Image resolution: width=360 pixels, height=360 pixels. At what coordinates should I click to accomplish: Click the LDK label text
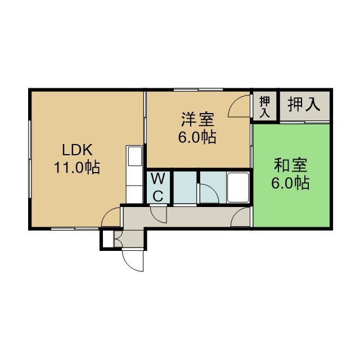click(x=78, y=150)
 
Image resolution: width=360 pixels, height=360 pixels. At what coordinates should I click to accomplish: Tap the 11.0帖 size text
click(x=77, y=167)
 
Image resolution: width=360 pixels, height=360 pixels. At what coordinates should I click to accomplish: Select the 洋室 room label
click(x=197, y=119)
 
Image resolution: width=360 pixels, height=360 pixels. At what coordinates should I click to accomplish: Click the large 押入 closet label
click(x=304, y=105)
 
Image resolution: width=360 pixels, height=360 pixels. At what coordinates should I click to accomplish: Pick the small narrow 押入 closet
click(x=265, y=106)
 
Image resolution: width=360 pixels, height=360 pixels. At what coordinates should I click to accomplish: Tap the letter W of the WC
click(x=158, y=179)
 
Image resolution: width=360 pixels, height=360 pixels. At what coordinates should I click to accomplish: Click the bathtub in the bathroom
click(x=238, y=187)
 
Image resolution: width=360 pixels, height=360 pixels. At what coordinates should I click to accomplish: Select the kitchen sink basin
click(x=135, y=156)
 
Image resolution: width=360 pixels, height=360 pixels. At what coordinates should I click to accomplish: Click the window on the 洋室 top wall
click(x=199, y=90)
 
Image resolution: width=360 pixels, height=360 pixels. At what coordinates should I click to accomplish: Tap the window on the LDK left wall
click(x=30, y=159)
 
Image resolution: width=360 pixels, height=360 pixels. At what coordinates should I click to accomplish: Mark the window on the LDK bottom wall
click(x=75, y=229)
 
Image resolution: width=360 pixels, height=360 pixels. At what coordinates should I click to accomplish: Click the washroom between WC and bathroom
click(x=185, y=187)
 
